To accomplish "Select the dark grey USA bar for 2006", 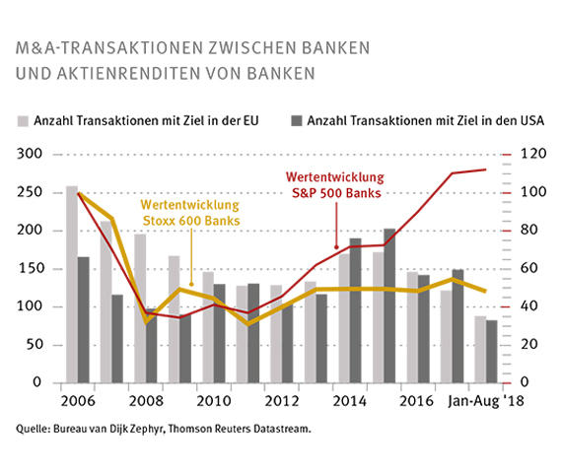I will pos(84,319).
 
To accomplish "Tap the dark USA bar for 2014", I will pos(355,309).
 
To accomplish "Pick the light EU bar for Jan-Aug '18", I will pos(480,349).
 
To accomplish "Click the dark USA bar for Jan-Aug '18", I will pos(492,351).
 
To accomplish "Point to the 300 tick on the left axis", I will pos(34,155).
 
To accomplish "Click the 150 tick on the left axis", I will pos(34,269).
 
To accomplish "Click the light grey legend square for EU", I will pos(23,120).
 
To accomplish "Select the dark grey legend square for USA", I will pos(296,120).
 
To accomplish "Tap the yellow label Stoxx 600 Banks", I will pos(189,218).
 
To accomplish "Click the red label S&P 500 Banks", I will pos(335,192).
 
